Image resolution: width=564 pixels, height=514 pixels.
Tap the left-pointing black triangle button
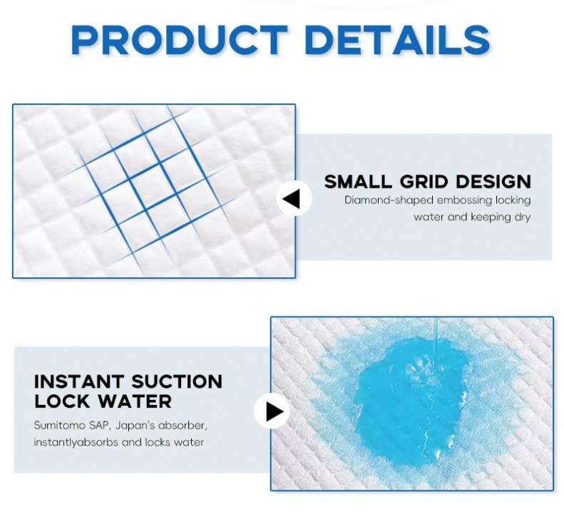click(x=294, y=199)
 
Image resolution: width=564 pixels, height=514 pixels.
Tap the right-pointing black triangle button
click(x=272, y=411)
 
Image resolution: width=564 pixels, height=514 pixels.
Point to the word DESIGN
click(x=493, y=181)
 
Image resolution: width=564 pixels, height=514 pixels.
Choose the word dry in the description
click(x=522, y=217)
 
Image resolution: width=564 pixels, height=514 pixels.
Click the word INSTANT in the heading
click(x=78, y=381)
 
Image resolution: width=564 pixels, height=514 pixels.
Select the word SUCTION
click(x=177, y=381)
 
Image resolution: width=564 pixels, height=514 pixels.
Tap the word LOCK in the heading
click(x=61, y=401)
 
